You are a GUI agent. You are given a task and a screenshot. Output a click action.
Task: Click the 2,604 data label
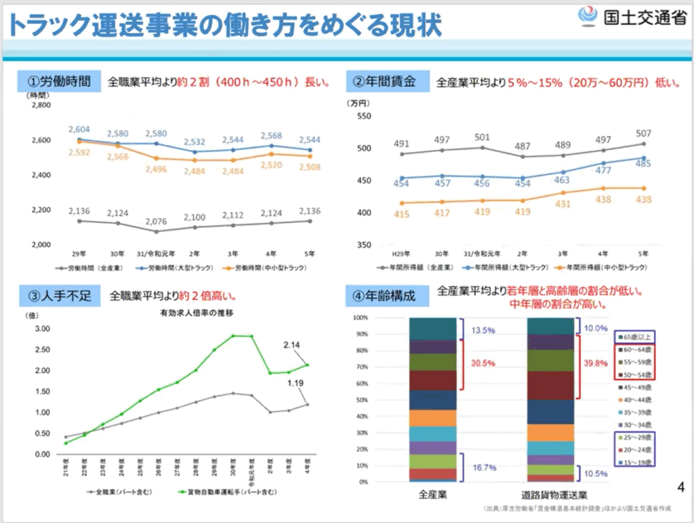[79, 129]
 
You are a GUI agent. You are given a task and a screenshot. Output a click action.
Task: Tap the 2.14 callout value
[293, 345]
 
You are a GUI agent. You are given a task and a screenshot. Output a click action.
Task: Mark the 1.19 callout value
[294, 383]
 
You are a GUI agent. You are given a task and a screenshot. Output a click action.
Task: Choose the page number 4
[681, 486]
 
